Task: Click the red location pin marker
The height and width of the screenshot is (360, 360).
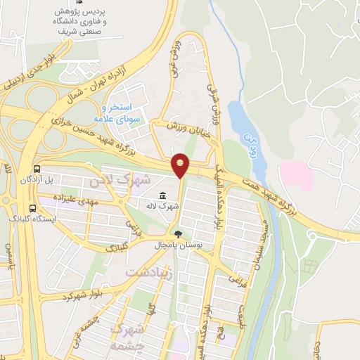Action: (x=181, y=165)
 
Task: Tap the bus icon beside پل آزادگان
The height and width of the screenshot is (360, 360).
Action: (x=36, y=169)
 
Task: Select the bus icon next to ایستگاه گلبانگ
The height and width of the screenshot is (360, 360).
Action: (x=33, y=207)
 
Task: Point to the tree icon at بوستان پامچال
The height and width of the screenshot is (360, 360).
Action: (x=179, y=235)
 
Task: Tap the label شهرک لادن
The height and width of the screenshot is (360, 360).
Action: (x=121, y=181)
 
